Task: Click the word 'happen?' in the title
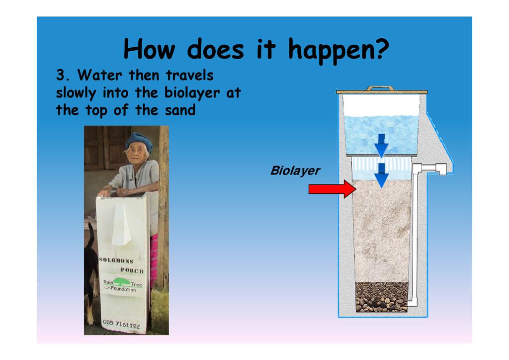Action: click(x=338, y=50)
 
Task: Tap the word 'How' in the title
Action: click(x=149, y=49)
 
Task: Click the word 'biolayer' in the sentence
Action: click(x=192, y=93)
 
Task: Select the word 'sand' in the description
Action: click(x=180, y=110)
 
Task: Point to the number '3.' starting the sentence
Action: click(x=63, y=75)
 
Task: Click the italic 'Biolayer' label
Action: click(x=295, y=171)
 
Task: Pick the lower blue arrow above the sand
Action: click(x=381, y=176)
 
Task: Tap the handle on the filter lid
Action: click(x=380, y=88)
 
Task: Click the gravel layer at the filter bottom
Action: click(x=381, y=297)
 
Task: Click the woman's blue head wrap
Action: click(x=139, y=141)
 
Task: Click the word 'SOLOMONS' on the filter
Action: click(x=116, y=261)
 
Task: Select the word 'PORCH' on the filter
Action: click(x=132, y=270)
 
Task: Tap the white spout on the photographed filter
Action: click(x=121, y=225)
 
